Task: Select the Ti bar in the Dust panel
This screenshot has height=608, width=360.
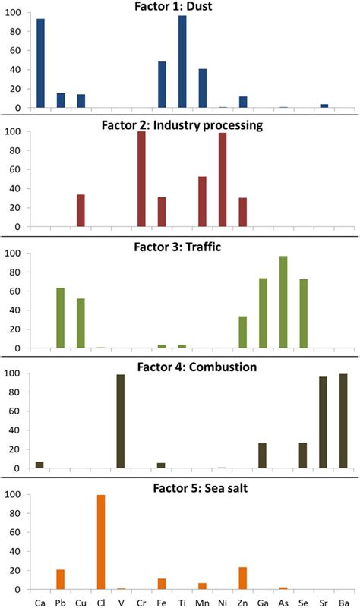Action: pyautogui.click(x=182, y=61)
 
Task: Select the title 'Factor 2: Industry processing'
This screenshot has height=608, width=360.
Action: pyautogui.click(x=180, y=124)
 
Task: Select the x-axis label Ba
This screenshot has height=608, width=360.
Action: pyautogui.click(x=344, y=600)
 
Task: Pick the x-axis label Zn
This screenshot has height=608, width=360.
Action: pyautogui.click(x=243, y=600)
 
